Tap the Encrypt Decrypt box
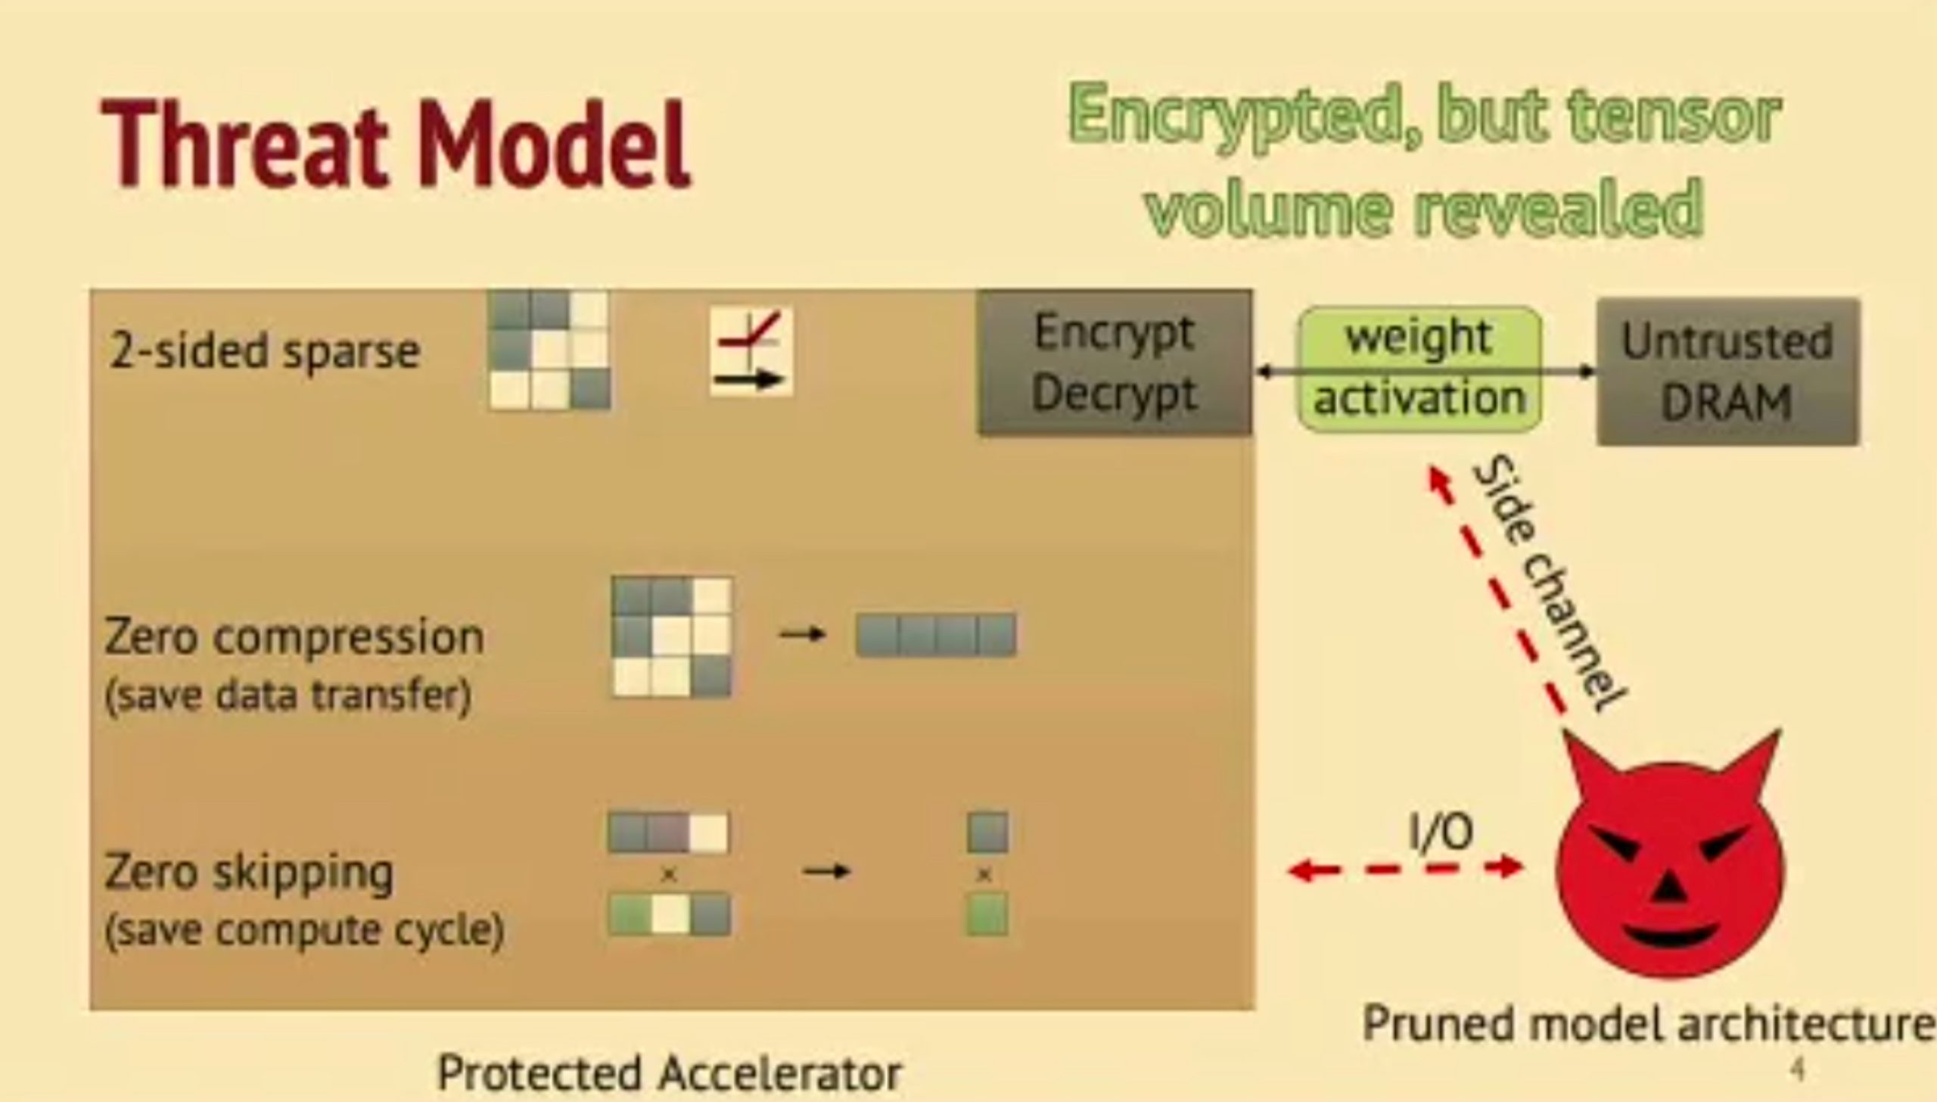[x=1115, y=363]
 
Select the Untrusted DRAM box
[x=1727, y=371]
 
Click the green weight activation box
[x=1419, y=369]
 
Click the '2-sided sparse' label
[x=264, y=351]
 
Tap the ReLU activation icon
[x=751, y=351]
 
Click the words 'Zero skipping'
[x=249, y=872]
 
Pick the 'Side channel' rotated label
[x=1548, y=583]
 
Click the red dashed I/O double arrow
[x=1406, y=869]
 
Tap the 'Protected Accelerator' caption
[x=670, y=1072]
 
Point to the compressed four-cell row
[x=936, y=634]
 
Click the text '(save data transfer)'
[x=288, y=695]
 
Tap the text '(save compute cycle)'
[x=304, y=929]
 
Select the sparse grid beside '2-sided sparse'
[x=549, y=350]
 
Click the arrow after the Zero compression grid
[x=802, y=634]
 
